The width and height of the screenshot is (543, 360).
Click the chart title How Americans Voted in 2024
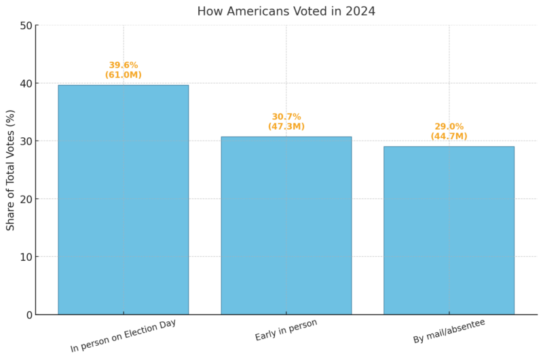[286, 11]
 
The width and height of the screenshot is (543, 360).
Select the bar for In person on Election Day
[123, 200]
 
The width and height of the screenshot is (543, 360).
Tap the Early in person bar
[286, 226]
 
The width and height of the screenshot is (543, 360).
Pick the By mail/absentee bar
[449, 230]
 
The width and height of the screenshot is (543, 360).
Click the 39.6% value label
[123, 65]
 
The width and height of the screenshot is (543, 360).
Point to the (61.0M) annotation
[123, 75]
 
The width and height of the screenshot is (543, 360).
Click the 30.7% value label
[286, 117]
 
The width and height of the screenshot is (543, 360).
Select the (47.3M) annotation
[286, 126]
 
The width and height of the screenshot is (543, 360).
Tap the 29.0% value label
[449, 126]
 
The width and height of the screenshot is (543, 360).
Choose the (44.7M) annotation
[449, 136]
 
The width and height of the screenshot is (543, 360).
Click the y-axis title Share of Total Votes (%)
[11, 170]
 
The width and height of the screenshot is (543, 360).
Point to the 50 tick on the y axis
[26, 26]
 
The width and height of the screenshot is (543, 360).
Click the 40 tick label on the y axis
[26, 84]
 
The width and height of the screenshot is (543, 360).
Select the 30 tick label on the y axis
[26, 141]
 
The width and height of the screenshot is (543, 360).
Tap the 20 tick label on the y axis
[26, 199]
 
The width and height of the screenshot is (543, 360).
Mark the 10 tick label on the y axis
[26, 257]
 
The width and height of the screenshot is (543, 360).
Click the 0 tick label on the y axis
[29, 314]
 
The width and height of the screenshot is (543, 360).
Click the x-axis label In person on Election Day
[123, 336]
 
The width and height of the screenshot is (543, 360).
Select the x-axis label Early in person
[286, 330]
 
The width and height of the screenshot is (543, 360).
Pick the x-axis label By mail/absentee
[449, 331]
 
